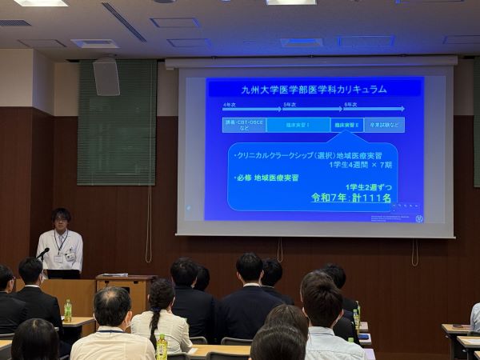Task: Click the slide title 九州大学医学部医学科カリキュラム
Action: click(314, 89)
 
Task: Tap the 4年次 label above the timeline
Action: click(230, 105)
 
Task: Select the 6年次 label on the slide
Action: click(350, 105)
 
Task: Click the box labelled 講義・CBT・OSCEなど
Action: click(243, 125)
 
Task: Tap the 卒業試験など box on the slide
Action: click(384, 125)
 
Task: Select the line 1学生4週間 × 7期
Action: click(360, 164)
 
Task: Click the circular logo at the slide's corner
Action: click(418, 218)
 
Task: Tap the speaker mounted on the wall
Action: click(106, 77)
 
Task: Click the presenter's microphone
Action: click(43, 254)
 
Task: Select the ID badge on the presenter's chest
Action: click(70, 258)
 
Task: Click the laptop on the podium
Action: click(63, 274)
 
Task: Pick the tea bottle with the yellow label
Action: click(162, 347)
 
